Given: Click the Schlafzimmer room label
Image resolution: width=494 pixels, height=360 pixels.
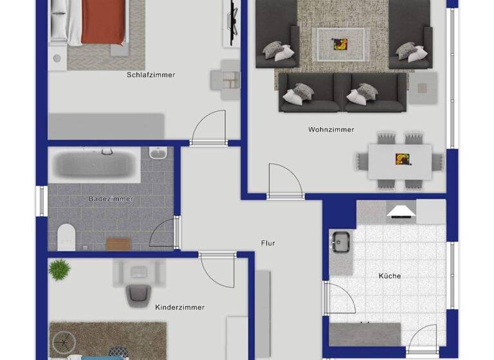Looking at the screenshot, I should click(x=151, y=75).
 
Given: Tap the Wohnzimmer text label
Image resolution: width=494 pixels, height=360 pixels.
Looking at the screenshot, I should click(x=331, y=130).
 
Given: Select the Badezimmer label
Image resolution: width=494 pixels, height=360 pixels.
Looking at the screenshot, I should click(x=111, y=199).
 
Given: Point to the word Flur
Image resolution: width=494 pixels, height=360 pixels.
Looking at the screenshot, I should click(x=268, y=244).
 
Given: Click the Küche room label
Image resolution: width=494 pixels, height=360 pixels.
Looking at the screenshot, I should click(x=389, y=276).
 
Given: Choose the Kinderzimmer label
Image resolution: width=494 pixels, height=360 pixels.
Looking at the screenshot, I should click(x=179, y=308).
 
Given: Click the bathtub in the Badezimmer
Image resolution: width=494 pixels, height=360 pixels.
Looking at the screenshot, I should click(x=95, y=164).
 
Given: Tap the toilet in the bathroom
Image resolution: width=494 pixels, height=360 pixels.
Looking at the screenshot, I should click(x=66, y=236).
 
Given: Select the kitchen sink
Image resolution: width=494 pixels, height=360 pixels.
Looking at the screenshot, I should click(x=340, y=242).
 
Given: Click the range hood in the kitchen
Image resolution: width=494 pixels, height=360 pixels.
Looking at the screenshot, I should click(x=401, y=212).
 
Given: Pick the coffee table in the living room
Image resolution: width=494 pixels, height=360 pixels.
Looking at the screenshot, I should click(x=338, y=44).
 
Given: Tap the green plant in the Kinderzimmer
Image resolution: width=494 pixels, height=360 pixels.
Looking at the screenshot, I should click(x=59, y=269).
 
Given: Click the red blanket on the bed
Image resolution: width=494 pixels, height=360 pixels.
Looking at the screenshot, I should click(x=103, y=22).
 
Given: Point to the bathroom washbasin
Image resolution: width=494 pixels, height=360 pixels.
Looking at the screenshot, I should click(x=158, y=154).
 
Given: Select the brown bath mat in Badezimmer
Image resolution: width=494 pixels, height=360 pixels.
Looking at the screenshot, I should click(x=118, y=244).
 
